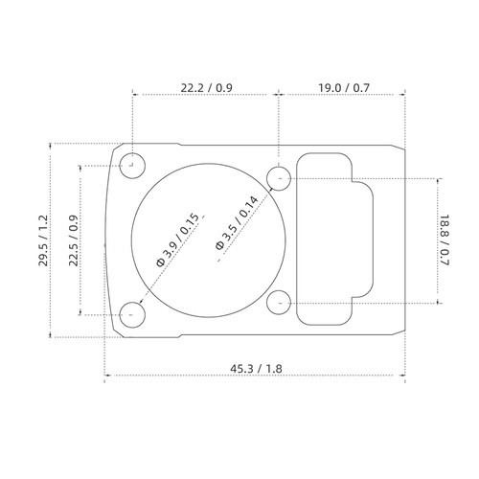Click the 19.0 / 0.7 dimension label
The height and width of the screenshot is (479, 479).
[343, 88]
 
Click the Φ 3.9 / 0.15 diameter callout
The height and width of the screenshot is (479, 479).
[177, 239]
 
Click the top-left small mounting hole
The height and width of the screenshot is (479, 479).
[133, 162]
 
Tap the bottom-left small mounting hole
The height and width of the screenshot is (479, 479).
[133, 312]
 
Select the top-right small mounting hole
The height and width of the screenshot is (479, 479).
[279, 177]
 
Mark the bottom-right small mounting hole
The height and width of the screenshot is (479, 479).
[279, 303]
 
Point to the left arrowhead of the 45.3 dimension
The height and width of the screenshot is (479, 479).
[105, 376]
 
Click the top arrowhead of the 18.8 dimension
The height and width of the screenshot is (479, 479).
[439, 180]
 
